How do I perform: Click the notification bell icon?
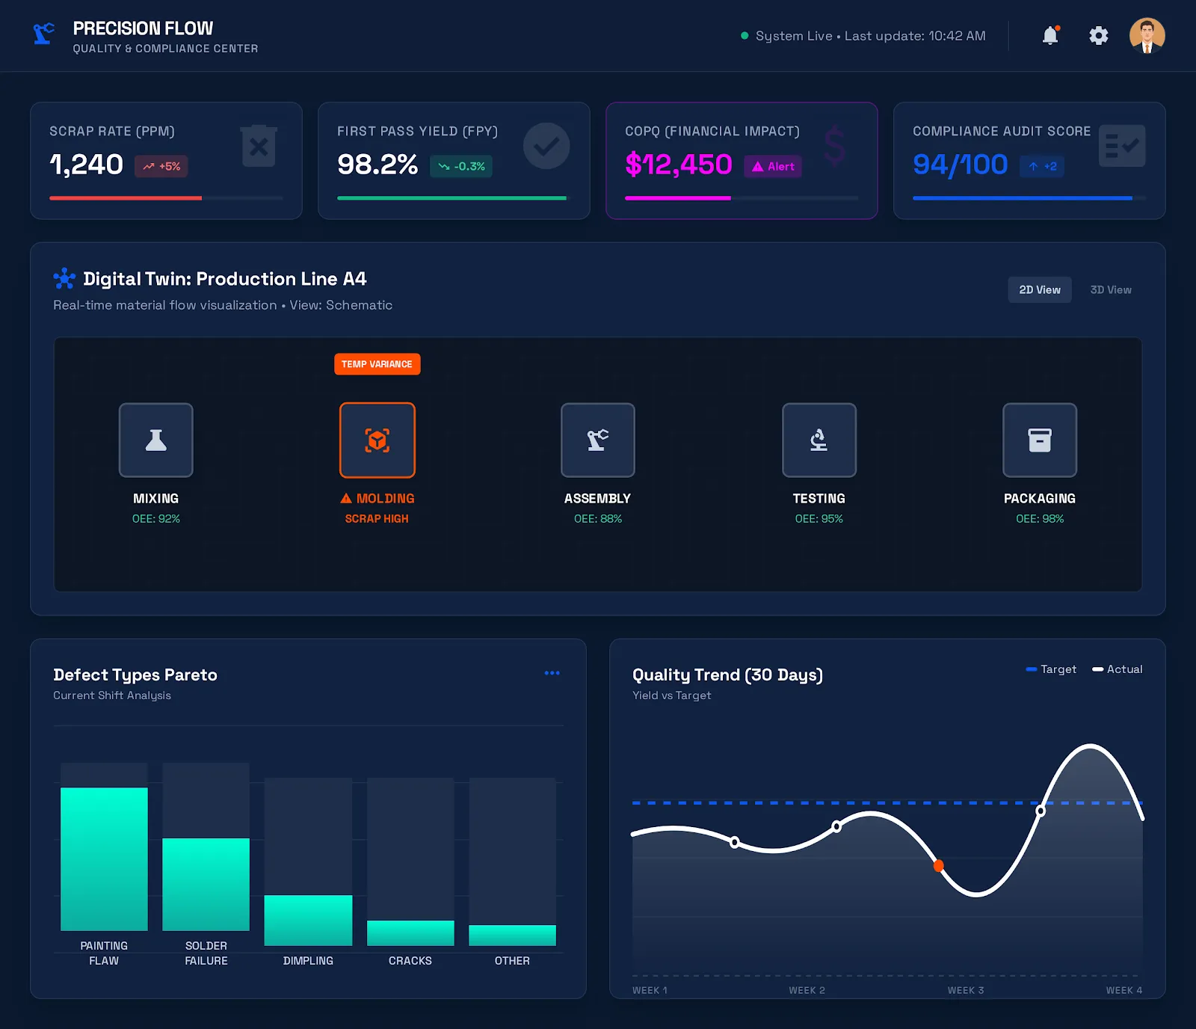(x=1050, y=35)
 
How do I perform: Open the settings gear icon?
(x=1098, y=35)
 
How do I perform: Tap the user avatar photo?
(x=1147, y=35)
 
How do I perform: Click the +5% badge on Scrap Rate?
(x=161, y=166)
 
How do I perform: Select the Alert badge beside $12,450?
(x=773, y=166)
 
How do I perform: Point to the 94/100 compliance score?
(x=960, y=165)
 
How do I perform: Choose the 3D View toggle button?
(x=1110, y=289)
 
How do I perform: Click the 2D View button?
(x=1039, y=289)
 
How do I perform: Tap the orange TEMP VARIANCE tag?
(x=377, y=364)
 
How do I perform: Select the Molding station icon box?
(x=377, y=440)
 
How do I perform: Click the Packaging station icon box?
(x=1039, y=440)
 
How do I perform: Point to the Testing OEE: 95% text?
(x=819, y=518)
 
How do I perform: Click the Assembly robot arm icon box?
(x=597, y=440)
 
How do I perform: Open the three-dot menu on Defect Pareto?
(x=552, y=673)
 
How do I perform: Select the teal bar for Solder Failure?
(x=206, y=884)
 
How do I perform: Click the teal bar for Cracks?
(x=410, y=933)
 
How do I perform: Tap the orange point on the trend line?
(x=938, y=866)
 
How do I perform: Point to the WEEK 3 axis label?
(x=965, y=990)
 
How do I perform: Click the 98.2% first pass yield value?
(x=377, y=165)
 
